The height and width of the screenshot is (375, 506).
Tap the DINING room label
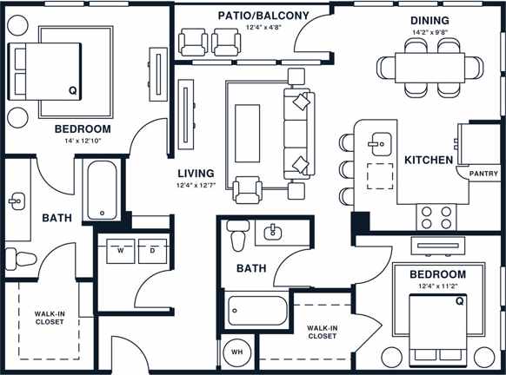(x=429, y=20)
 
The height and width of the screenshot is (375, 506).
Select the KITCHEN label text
(x=429, y=160)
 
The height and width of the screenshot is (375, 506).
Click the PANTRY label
(x=483, y=174)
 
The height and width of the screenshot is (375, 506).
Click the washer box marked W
(x=121, y=250)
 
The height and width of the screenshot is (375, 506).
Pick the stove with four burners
(x=436, y=214)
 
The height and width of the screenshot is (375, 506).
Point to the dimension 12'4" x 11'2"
(x=437, y=287)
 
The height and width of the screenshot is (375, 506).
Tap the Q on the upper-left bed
(x=72, y=90)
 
